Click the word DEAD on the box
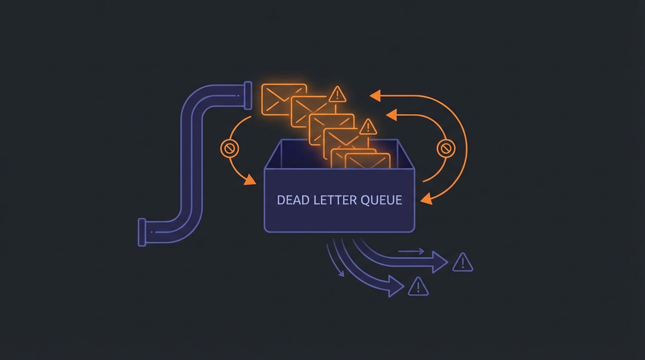click(289, 200)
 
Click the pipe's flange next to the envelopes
click(248, 95)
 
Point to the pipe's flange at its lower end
click(142, 232)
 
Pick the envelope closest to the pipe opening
click(284, 100)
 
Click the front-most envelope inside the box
click(367, 161)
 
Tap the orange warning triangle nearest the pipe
click(337, 94)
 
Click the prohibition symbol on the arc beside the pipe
click(230, 149)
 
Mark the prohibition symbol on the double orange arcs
click(446, 149)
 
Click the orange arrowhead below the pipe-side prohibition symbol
click(250, 180)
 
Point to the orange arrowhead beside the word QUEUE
click(427, 199)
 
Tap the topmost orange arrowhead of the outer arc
click(375, 95)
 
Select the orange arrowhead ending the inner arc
click(391, 115)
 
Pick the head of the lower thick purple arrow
click(396, 286)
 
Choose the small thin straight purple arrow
click(412, 251)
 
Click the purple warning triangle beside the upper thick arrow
click(463, 262)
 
